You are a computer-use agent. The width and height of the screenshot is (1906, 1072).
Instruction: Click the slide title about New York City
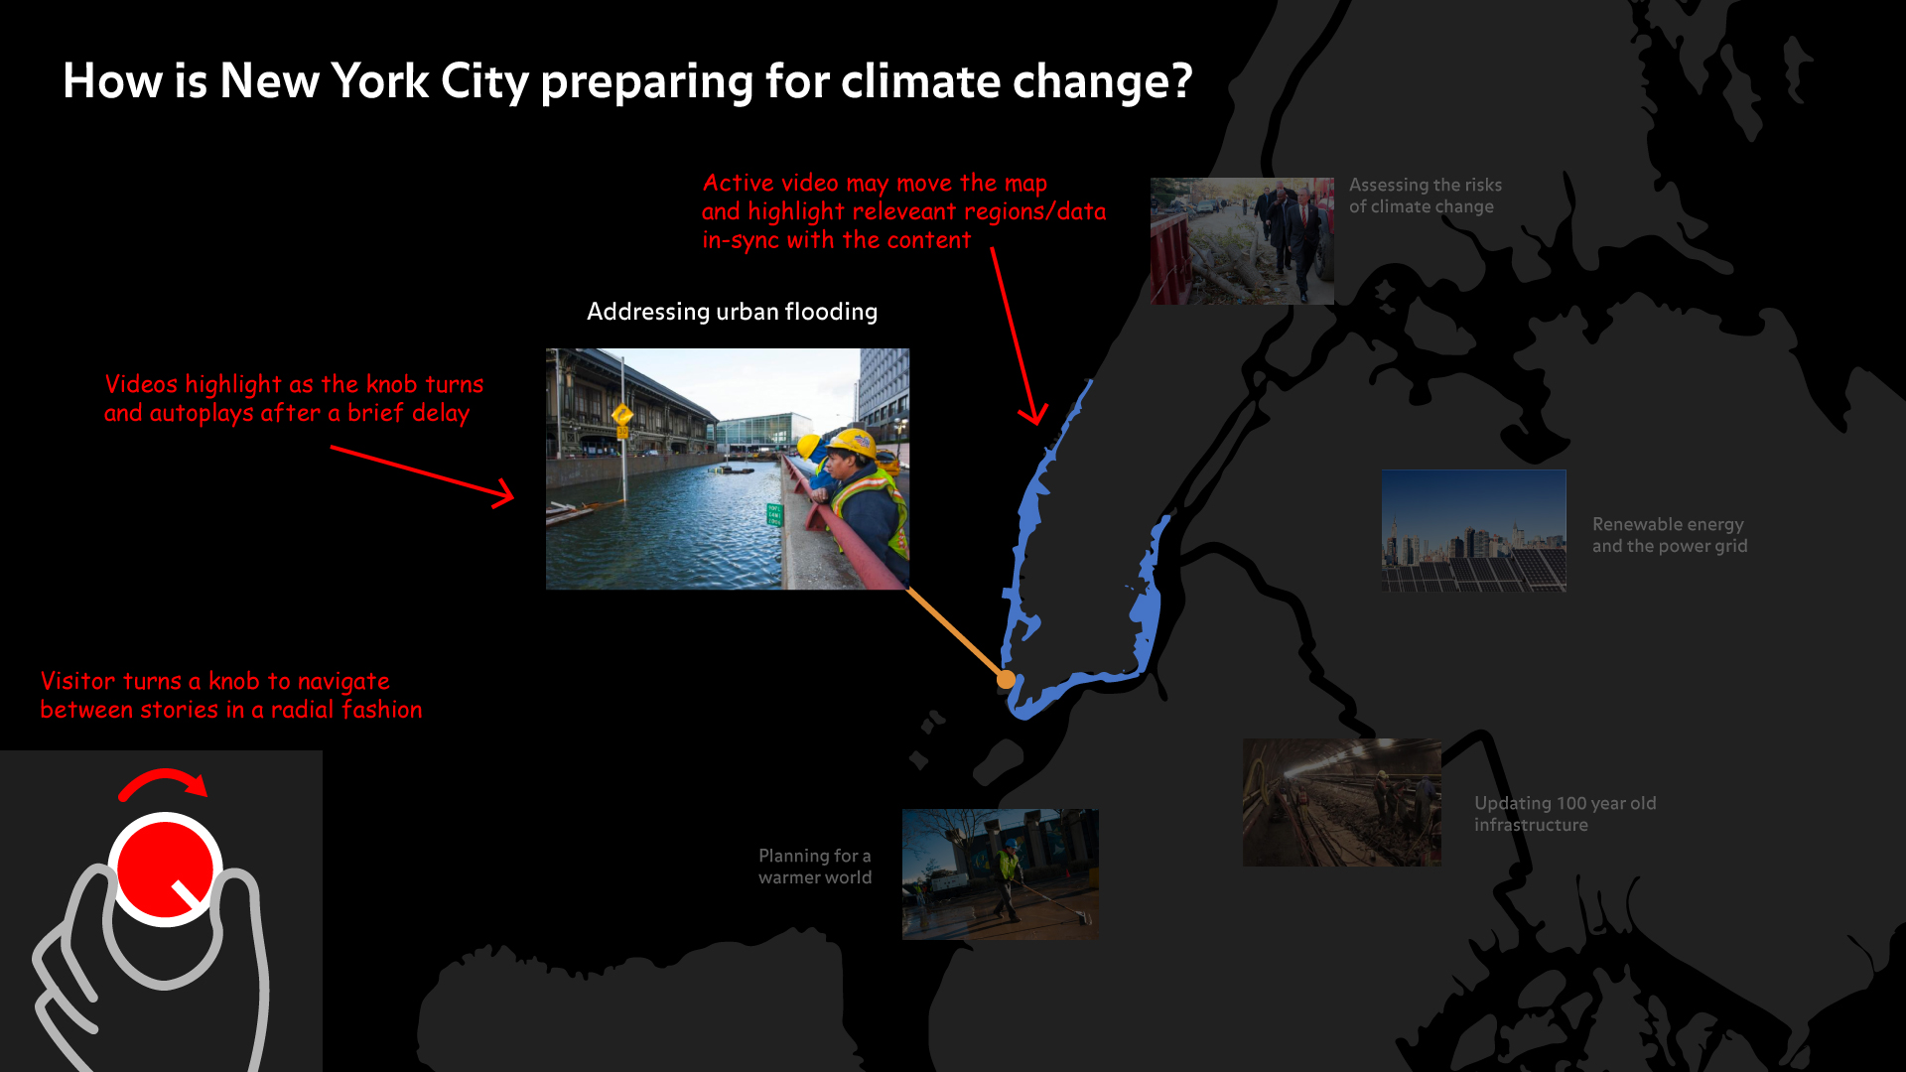(x=627, y=81)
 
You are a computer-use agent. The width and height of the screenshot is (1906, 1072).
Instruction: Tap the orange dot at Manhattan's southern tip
(x=1006, y=679)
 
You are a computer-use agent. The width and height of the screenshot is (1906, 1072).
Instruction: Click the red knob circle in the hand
(x=165, y=870)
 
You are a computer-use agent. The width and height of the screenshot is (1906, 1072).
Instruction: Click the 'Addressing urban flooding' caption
(x=732, y=312)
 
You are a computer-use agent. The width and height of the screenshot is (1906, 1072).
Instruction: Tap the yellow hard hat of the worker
(x=852, y=443)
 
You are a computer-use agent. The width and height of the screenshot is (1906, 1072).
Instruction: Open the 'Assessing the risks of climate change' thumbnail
(x=1242, y=241)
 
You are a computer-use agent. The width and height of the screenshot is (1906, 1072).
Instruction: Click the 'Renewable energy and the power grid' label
(x=1670, y=535)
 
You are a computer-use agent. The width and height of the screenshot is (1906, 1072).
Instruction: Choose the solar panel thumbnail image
(x=1474, y=531)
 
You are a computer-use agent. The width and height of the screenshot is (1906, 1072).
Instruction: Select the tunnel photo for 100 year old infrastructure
(x=1342, y=802)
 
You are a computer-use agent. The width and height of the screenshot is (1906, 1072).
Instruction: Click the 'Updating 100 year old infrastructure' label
(x=1565, y=814)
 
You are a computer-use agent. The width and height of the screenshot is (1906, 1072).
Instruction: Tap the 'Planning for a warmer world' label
(x=815, y=867)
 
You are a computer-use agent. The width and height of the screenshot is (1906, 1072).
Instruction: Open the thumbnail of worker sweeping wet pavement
(x=1001, y=874)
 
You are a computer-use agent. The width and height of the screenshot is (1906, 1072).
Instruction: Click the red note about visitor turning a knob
(x=231, y=695)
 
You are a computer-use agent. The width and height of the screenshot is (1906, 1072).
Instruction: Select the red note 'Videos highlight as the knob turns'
(x=294, y=398)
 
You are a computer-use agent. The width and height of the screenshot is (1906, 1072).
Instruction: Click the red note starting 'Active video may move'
(x=903, y=211)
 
